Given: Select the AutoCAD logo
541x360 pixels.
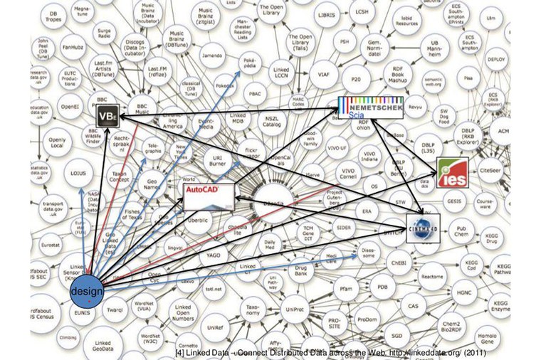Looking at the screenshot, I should (209, 196).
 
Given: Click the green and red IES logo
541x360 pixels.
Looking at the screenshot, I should (452, 174).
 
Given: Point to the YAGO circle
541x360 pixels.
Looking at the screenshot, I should (213, 253).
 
